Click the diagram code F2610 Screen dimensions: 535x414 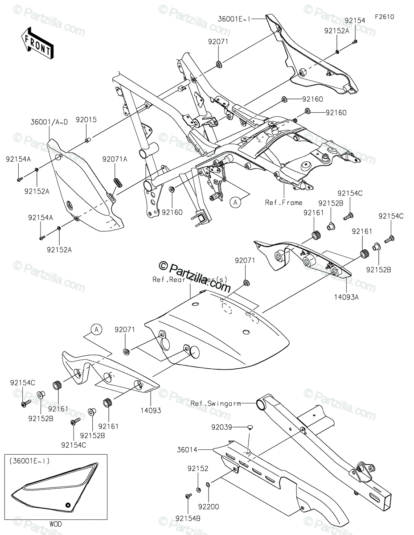[384, 17]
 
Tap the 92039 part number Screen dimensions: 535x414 [222, 427]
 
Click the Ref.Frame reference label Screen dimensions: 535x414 [283, 202]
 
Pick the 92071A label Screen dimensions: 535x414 [115, 159]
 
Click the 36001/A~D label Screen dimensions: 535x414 [49, 122]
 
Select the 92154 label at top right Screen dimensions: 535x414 [355, 21]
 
